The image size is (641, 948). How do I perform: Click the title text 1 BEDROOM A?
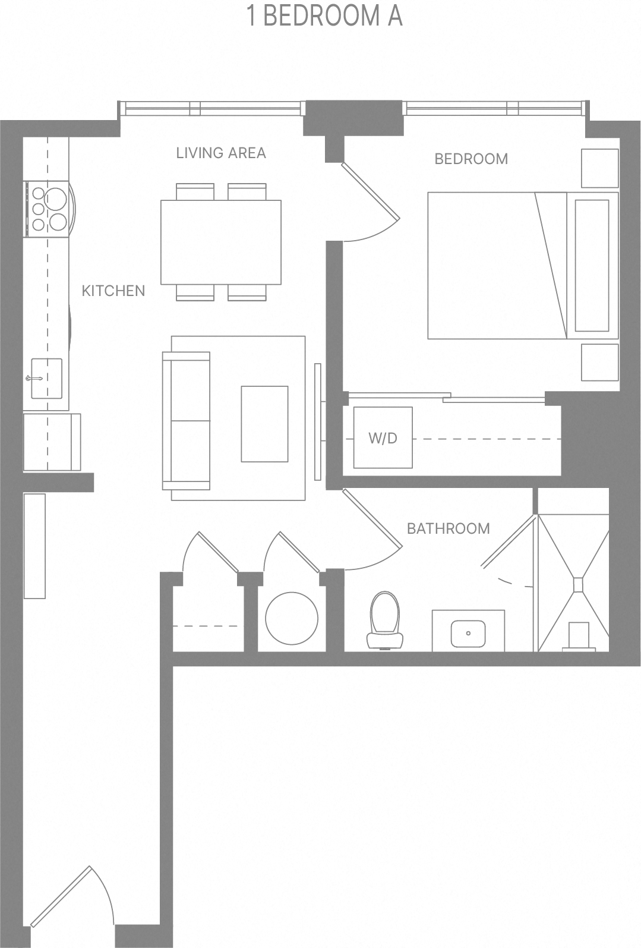click(325, 16)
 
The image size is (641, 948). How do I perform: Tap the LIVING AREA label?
click(220, 153)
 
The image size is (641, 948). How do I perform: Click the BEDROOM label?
click(471, 159)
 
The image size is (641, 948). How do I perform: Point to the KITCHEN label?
click(113, 291)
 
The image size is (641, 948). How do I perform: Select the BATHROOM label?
click(448, 528)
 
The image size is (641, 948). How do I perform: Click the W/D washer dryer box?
click(383, 438)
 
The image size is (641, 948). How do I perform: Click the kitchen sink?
click(46, 379)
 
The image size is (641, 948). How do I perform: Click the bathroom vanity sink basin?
click(468, 634)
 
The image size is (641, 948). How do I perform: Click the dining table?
click(220, 242)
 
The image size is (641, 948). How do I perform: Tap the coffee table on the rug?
click(264, 423)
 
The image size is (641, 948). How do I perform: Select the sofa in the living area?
click(187, 421)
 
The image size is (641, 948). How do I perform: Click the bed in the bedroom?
click(496, 266)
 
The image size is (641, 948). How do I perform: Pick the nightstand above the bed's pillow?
click(599, 167)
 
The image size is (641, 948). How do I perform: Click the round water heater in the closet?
click(291, 618)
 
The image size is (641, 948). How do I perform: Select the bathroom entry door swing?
click(371, 532)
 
